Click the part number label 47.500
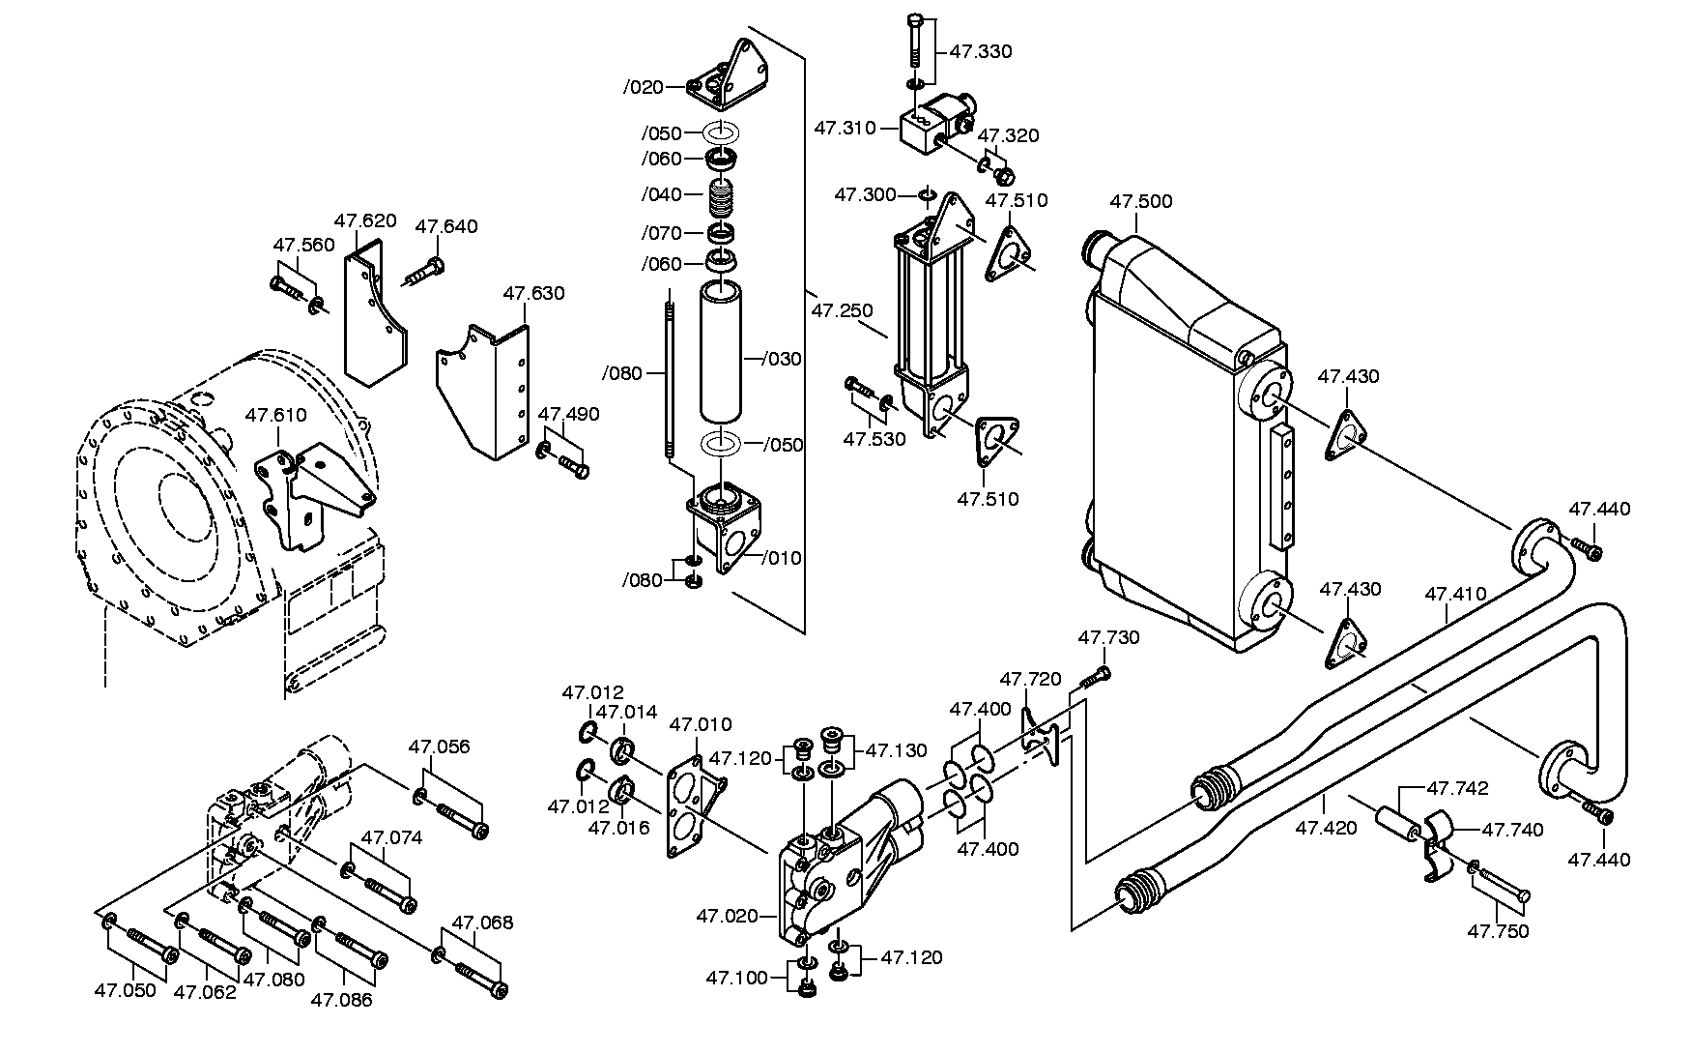click(x=1140, y=201)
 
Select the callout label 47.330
click(x=981, y=52)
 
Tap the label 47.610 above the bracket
click(x=275, y=415)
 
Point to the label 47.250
click(x=842, y=310)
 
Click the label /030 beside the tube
click(x=782, y=359)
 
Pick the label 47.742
click(x=1457, y=788)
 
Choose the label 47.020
click(x=728, y=915)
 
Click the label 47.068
click(x=482, y=922)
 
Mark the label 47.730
click(x=1108, y=637)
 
